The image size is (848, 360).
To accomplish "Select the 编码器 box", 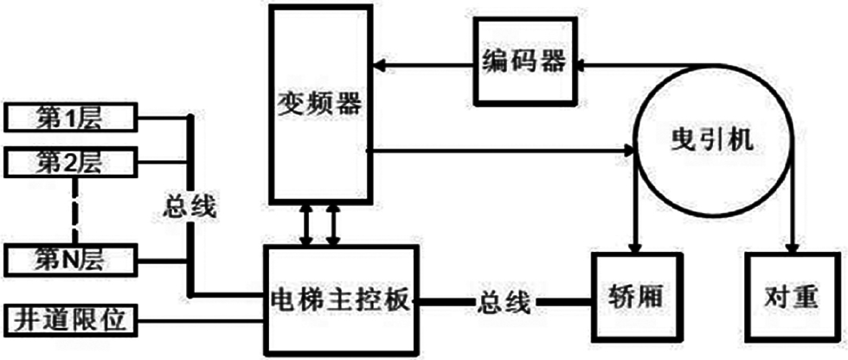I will (524, 61).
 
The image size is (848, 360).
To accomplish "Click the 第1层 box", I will (71, 116).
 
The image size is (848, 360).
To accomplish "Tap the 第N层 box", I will (71, 257).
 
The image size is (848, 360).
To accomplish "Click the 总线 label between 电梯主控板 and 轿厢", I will (501, 302).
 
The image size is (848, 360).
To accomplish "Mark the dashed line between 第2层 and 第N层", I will (74, 209).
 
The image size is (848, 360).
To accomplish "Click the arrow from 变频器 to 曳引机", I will (502, 151).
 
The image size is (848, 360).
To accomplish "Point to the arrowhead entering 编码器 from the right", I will (582, 62).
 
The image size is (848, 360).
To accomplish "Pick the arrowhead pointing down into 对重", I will (792, 245).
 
